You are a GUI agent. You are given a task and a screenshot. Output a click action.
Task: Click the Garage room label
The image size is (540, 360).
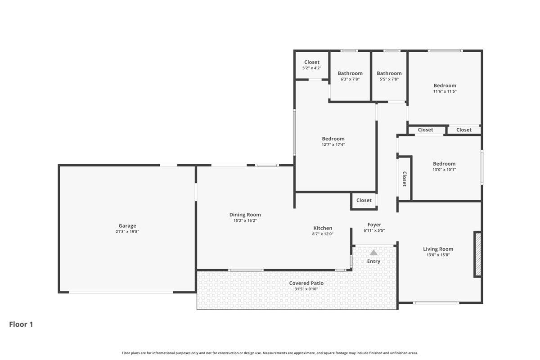[x=127, y=226]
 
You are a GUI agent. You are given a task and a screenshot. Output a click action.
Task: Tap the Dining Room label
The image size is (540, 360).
[x=245, y=215]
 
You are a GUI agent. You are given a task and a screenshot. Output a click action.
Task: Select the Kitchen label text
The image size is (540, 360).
[x=323, y=228]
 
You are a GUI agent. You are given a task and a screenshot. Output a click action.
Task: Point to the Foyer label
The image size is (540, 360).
[x=374, y=225]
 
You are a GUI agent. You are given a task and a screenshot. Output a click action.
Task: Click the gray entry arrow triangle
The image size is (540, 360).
[x=373, y=252]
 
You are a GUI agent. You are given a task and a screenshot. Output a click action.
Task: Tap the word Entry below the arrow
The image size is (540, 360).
[x=373, y=261]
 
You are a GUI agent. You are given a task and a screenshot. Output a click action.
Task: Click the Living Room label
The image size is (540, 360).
[x=438, y=249]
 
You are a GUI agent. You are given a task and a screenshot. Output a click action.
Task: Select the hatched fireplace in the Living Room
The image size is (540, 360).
[x=477, y=254]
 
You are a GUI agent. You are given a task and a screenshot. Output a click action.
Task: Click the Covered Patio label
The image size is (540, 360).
[x=306, y=283]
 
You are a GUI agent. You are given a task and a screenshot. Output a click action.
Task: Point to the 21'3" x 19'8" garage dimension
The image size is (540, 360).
[x=127, y=232]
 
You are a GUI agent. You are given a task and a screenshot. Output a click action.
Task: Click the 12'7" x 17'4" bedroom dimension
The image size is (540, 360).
[x=333, y=144]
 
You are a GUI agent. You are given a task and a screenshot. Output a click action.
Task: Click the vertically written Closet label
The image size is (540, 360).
[x=404, y=179]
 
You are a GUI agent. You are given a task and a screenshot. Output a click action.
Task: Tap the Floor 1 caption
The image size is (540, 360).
[x=21, y=324]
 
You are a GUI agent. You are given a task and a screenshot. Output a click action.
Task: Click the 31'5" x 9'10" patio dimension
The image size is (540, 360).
[x=306, y=289]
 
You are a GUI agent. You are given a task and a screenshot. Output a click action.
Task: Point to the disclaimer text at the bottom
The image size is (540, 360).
[x=270, y=353]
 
